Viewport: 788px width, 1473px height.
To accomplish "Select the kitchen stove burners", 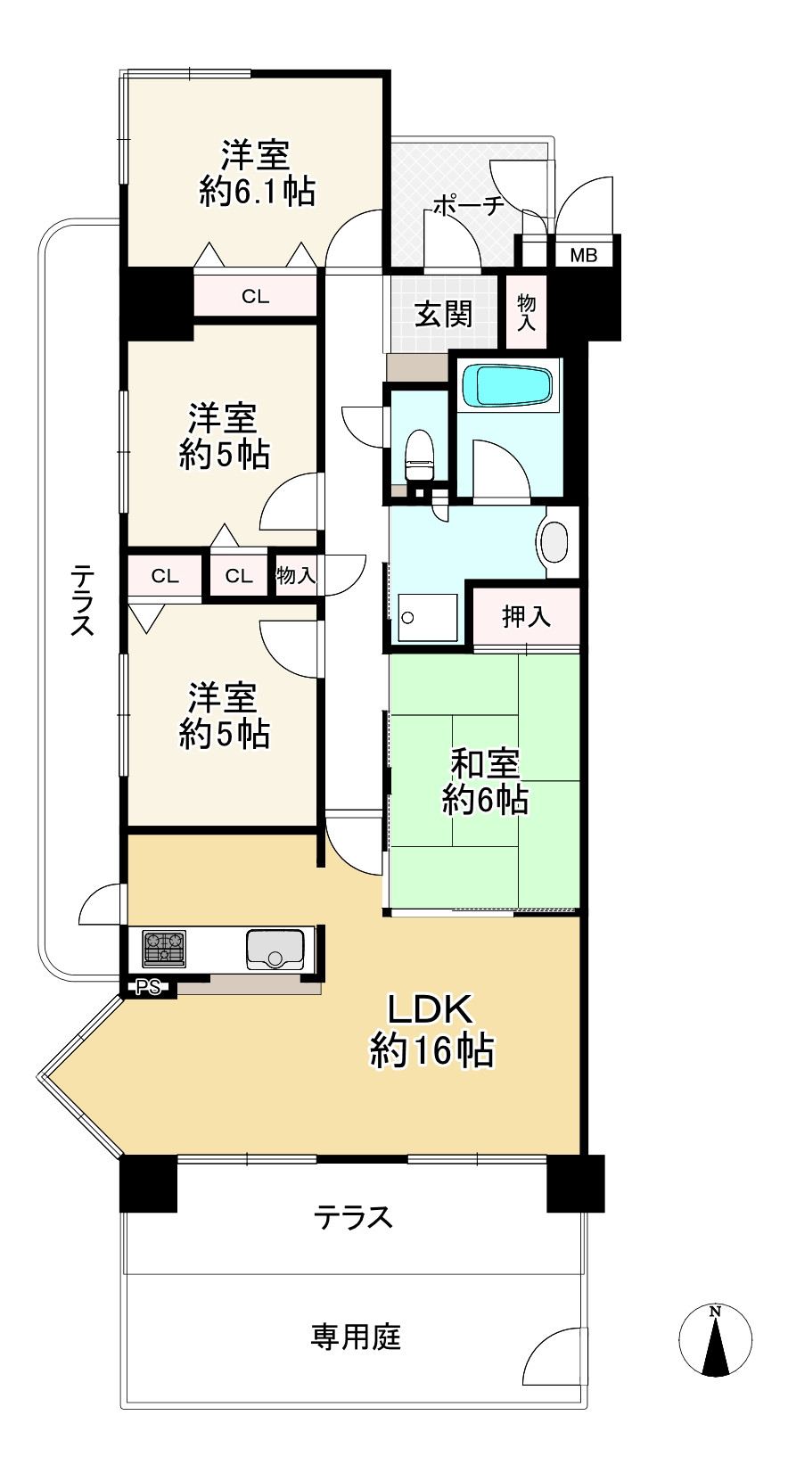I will (x=165, y=949).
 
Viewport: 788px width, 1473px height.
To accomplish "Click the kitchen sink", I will (x=275, y=949).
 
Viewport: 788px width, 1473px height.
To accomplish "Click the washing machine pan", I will (x=426, y=618).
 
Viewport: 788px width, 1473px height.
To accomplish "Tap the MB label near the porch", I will (x=584, y=255).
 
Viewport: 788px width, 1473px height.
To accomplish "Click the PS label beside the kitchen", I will (x=148, y=987).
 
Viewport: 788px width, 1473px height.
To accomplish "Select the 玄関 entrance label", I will (x=443, y=314).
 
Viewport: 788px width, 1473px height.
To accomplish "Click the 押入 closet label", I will (x=526, y=616).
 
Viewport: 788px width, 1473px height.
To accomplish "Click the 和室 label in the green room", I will (x=485, y=764).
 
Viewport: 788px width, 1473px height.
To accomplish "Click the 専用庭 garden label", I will (x=356, y=1337).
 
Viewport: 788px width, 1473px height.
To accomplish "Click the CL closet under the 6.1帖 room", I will (x=255, y=297).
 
